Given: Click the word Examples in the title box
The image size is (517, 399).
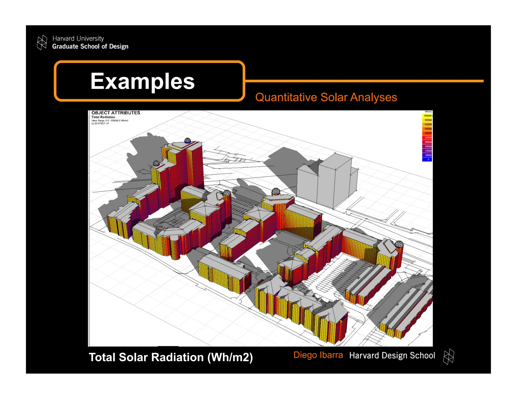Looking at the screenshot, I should click(x=143, y=81).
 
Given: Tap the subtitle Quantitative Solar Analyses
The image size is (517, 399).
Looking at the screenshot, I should click(x=326, y=97).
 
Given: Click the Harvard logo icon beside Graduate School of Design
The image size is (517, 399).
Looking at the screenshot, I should click(x=42, y=42).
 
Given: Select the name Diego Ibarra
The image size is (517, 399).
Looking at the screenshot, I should click(x=318, y=355).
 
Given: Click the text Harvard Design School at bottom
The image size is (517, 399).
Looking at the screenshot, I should click(x=392, y=355).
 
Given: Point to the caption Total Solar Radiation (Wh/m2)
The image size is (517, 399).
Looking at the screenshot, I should click(x=171, y=357).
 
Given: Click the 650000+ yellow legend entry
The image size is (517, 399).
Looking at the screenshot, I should click(x=427, y=116).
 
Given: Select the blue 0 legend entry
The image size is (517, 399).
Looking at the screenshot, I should click(x=427, y=159).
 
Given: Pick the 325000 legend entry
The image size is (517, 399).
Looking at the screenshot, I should click(x=427, y=137).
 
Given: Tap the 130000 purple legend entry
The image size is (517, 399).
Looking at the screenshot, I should click(x=427, y=151).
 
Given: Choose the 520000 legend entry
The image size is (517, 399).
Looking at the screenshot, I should click(x=427, y=124).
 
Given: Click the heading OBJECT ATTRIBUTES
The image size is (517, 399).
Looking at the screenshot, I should click(x=116, y=113).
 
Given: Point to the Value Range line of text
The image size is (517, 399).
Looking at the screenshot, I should click(x=110, y=121).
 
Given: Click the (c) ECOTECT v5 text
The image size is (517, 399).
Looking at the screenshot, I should click(x=100, y=124).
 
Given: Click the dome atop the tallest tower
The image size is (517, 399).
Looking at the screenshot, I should click(x=188, y=140).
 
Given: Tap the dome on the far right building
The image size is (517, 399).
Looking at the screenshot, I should click(x=399, y=244).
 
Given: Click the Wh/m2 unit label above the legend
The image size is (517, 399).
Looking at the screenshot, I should click(x=428, y=112).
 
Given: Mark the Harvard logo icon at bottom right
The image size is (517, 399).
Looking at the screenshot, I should click(x=449, y=357).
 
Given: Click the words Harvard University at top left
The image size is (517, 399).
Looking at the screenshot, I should click(x=78, y=39).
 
